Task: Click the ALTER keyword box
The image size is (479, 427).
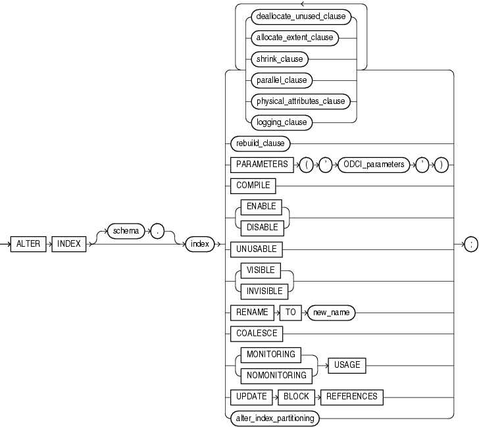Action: coord(28,243)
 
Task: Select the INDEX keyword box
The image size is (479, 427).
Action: coord(68,243)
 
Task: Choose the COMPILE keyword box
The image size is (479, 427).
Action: coord(253,186)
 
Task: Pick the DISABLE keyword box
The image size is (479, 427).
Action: coord(261,227)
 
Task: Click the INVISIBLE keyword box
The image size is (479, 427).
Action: coord(263,290)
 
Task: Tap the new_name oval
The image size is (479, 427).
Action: coord(332,313)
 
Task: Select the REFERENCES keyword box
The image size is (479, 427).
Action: coord(351,396)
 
